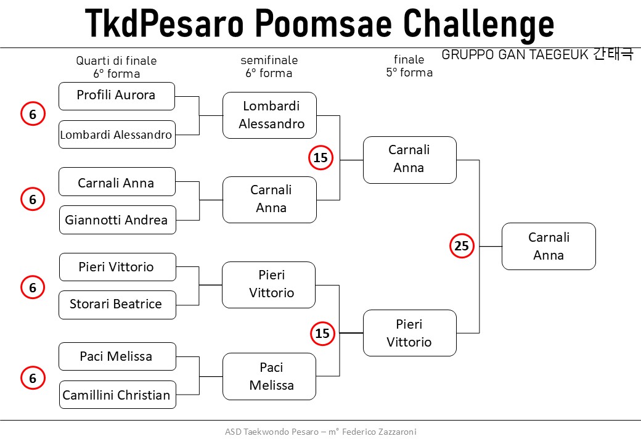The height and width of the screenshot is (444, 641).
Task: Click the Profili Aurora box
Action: (x=117, y=96)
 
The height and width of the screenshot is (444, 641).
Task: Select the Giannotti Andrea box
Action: (x=118, y=220)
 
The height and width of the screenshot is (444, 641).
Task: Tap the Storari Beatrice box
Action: (x=117, y=305)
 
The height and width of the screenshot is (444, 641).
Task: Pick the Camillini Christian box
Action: (x=118, y=395)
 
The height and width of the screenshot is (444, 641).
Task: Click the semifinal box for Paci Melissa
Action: (x=269, y=376)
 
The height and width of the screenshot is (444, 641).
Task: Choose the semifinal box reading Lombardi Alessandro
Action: (x=270, y=115)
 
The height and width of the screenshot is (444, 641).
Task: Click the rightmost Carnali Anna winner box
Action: (x=549, y=246)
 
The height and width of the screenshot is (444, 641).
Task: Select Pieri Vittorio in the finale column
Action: (x=410, y=333)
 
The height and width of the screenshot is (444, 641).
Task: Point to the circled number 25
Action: (x=462, y=245)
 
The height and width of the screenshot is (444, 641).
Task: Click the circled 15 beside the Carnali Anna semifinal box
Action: (x=320, y=157)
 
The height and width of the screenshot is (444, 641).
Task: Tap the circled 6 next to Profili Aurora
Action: (x=33, y=113)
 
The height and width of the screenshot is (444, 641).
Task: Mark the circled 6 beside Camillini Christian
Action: (x=33, y=378)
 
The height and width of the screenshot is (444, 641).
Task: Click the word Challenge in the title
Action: (x=478, y=23)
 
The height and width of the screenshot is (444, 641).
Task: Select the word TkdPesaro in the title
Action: (x=164, y=23)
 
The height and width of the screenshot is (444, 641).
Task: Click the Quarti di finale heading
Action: (x=116, y=60)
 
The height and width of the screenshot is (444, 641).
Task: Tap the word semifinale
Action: (x=269, y=60)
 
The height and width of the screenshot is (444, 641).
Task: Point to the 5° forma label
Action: (x=409, y=72)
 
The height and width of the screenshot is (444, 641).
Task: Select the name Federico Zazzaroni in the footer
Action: (x=379, y=432)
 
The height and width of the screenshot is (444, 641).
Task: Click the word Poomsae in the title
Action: (x=324, y=23)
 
